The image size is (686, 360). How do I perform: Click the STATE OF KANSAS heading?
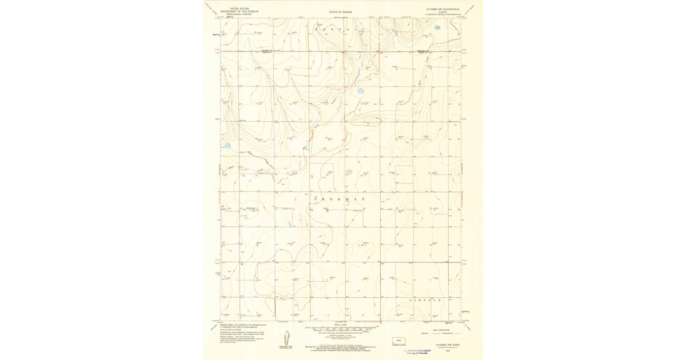click(x=341, y=11)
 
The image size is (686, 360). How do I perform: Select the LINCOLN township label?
click(x=426, y=299)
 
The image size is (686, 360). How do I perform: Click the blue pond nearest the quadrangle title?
click(x=437, y=27)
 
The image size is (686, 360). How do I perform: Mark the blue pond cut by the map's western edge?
click(x=227, y=146)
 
